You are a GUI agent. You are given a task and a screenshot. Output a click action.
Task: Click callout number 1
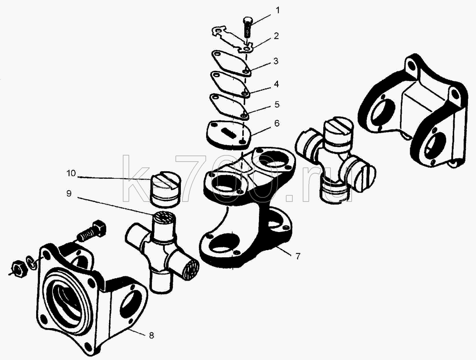tap(277, 10)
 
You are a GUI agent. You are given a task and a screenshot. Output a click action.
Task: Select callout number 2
tap(276, 36)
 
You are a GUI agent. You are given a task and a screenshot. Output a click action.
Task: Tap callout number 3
tap(276, 61)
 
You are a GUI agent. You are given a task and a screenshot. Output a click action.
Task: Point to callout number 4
tap(276, 84)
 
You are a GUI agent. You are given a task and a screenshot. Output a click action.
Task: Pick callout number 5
tap(277, 105)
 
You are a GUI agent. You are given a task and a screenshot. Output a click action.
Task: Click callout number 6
tap(276, 124)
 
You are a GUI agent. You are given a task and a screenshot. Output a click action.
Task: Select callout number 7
tap(298, 256)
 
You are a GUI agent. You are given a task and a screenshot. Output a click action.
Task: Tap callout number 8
tap(151, 335)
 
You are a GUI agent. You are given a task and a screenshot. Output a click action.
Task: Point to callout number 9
tap(69, 193)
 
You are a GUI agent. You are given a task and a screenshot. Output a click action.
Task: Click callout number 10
tap(71, 173)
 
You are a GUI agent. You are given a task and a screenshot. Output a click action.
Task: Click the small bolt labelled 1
tap(248, 28)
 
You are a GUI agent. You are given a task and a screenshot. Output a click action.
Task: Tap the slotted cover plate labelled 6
tap(229, 135)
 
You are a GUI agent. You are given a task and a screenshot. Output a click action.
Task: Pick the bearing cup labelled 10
tap(166, 189)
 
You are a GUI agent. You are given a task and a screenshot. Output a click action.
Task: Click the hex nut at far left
tap(19, 268)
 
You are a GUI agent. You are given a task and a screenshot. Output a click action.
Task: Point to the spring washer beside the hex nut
tap(31, 263)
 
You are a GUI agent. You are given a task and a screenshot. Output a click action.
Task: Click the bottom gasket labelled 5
tap(230, 107)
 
